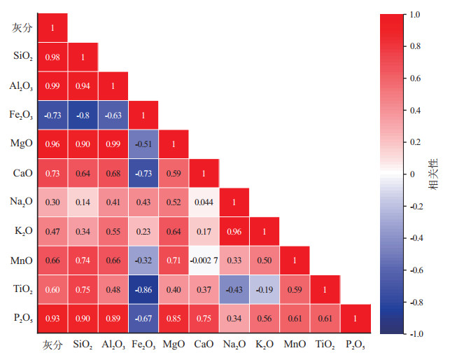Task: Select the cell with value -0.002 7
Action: [x=204, y=260]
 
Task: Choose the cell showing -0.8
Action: [x=83, y=115]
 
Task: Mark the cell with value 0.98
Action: [x=52, y=57]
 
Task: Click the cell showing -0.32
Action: [x=143, y=260]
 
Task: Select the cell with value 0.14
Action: [x=83, y=201]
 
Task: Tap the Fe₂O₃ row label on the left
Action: [x=22, y=115]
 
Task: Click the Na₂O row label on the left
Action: [x=22, y=202]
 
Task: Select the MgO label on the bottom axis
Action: [x=174, y=345]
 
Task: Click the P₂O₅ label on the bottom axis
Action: [x=355, y=345]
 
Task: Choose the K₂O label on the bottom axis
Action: [x=264, y=345]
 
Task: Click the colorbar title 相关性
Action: [x=433, y=174]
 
